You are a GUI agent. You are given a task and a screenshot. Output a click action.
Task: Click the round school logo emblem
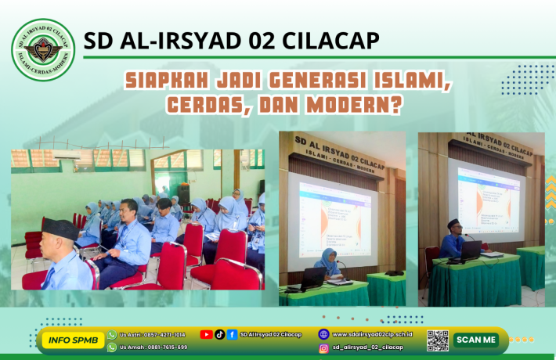[44, 50]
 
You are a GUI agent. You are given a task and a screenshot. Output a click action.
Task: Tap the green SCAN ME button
[475, 340]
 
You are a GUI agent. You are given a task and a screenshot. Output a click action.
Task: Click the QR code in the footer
[438, 340]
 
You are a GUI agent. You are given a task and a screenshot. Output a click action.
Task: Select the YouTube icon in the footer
[206, 334]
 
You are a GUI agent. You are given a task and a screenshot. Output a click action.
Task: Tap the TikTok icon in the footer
[219, 334]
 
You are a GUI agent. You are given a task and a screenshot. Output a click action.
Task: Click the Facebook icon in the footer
[232, 334]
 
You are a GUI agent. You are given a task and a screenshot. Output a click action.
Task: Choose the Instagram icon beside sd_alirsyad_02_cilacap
[323, 347]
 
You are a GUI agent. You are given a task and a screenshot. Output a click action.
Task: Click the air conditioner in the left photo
[67, 157]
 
